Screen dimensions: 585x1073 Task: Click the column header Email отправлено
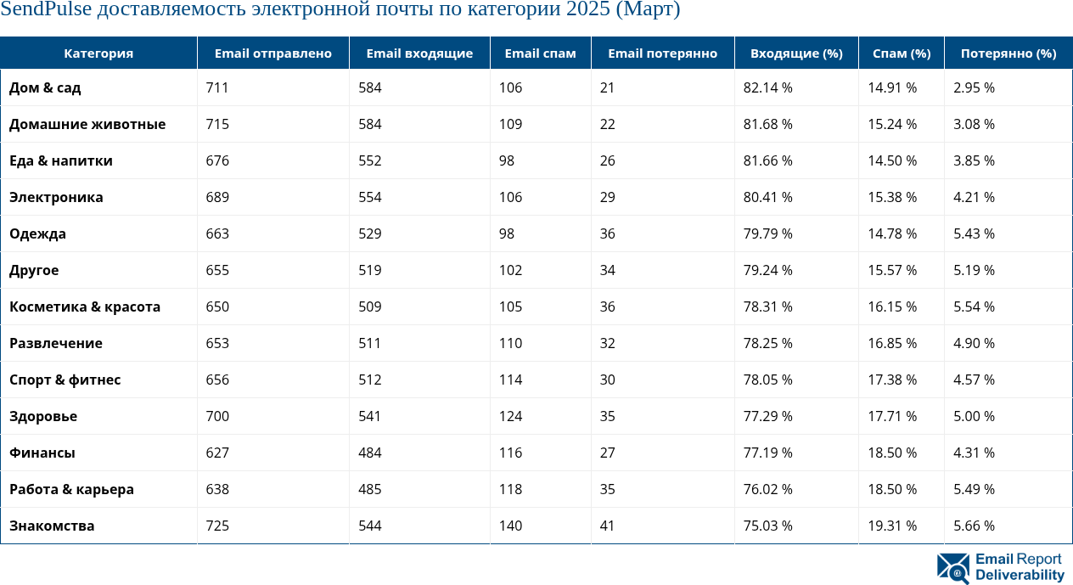[x=272, y=53]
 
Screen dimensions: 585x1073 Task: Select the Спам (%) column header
[x=901, y=53]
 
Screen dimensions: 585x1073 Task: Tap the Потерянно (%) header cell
[x=1008, y=53]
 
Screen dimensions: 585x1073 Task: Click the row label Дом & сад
[x=45, y=87]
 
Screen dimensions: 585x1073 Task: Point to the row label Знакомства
[x=52, y=526]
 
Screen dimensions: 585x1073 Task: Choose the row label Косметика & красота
[x=85, y=307]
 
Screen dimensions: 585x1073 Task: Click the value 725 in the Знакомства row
[x=217, y=526]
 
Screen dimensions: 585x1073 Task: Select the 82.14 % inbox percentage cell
[x=767, y=87]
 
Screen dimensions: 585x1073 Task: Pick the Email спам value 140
[x=510, y=526]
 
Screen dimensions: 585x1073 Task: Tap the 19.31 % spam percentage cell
[x=892, y=526]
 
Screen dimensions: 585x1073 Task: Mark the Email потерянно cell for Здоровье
[x=607, y=416]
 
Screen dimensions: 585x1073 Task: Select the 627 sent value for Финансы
[x=217, y=453]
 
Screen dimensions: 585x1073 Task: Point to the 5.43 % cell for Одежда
[x=974, y=233]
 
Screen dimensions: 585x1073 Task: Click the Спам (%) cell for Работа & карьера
[x=892, y=489]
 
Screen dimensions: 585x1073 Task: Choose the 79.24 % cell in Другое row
[x=767, y=270]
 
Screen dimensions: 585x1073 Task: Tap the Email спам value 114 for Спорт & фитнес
[x=510, y=380]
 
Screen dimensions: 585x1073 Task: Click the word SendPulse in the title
[x=46, y=10]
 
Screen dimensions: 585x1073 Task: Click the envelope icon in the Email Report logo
[x=952, y=568]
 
